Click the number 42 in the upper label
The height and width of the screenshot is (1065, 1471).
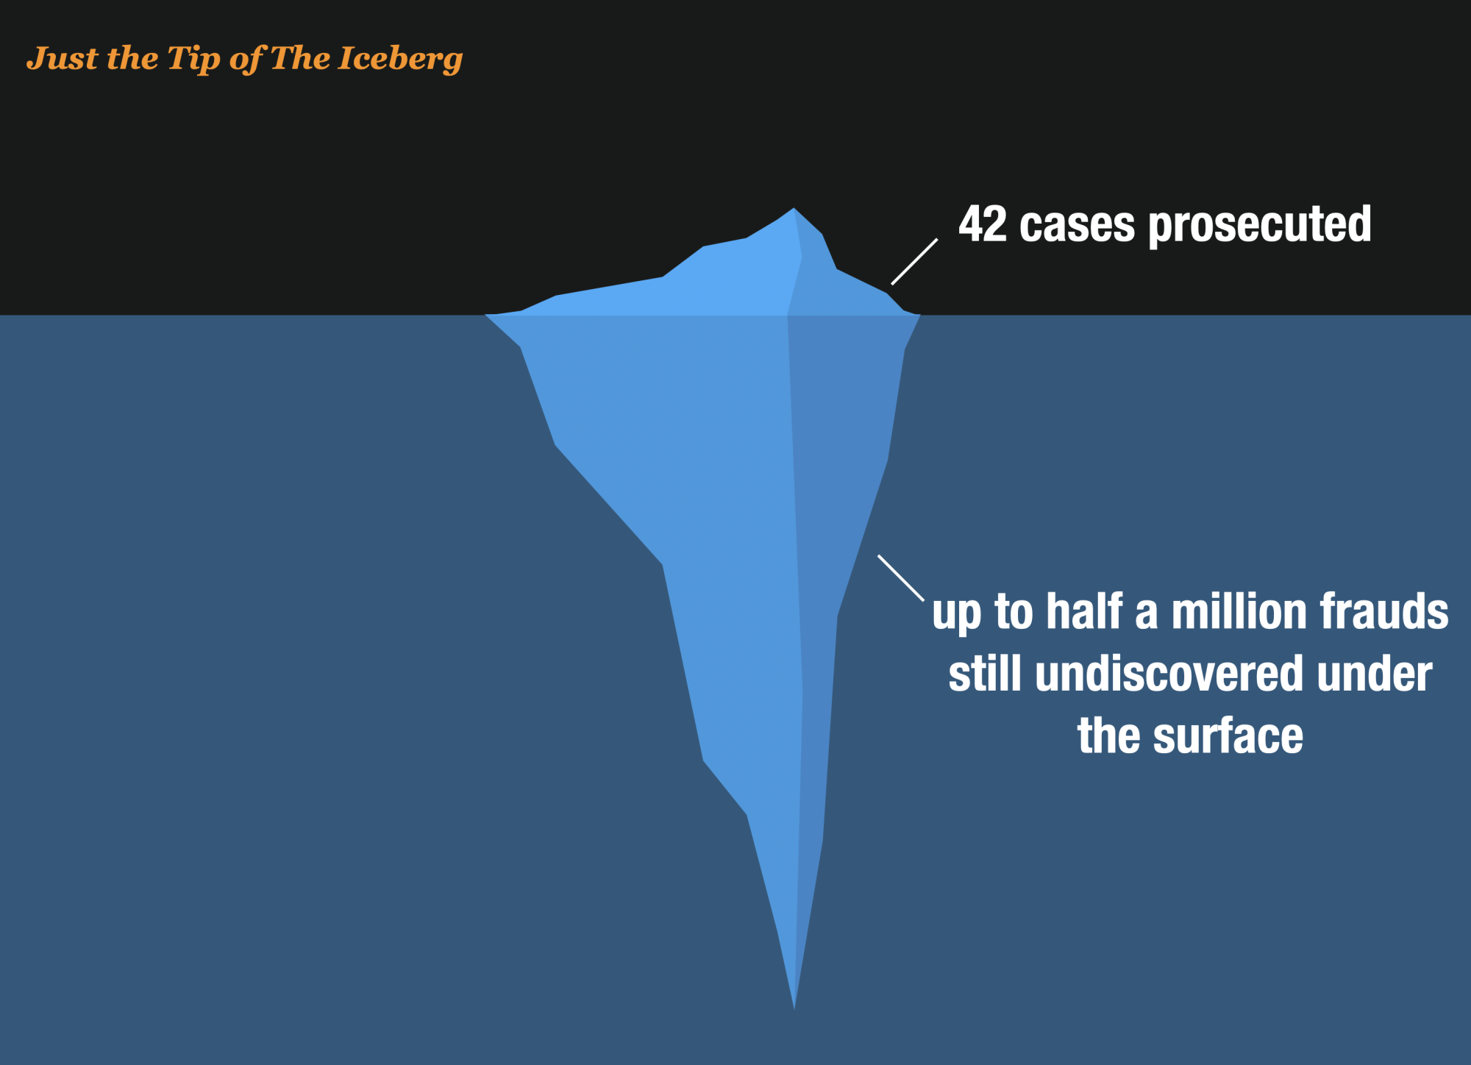coord(983,224)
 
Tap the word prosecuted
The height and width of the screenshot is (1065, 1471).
coord(1260,226)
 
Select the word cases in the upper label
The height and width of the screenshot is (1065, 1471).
coord(1078,226)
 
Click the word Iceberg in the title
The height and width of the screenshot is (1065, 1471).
coord(400,59)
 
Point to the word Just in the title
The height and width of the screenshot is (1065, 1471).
coord(63,57)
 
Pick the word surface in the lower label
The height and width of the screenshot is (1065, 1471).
coord(1228,736)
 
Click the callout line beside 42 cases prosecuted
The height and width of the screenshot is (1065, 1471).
coord(914,261)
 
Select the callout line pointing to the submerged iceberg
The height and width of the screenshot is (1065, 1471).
coord(901,578)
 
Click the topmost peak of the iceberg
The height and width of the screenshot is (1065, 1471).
coord(794,208)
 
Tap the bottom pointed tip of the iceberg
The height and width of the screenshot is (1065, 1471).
coord(794,1008)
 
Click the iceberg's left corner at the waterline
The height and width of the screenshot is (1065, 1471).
coord(485,315)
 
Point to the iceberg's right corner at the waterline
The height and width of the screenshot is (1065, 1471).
coord(920,316)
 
